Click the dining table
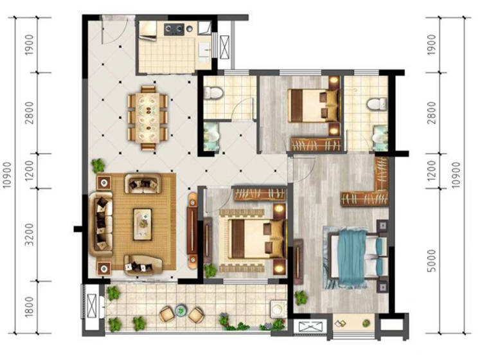click(148, 118)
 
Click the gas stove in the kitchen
click(174, 29)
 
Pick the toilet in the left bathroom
click(213, 93)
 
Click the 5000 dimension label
click(432, 260)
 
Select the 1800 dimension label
click(29, 307)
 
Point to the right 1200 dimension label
click(432, 171)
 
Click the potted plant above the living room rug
click(98, 165)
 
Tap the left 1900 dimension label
click(29, 45)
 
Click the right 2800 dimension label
click(432, 113)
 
